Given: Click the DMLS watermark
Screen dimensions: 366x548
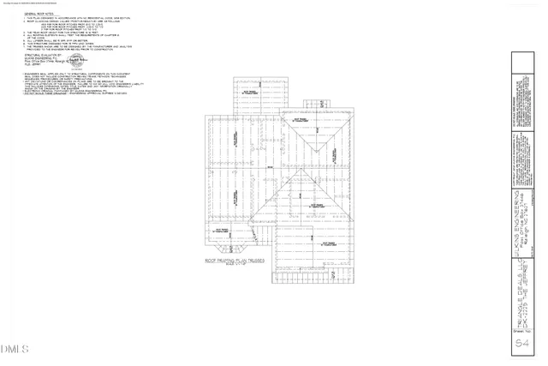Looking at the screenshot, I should [x=15, y=349].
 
